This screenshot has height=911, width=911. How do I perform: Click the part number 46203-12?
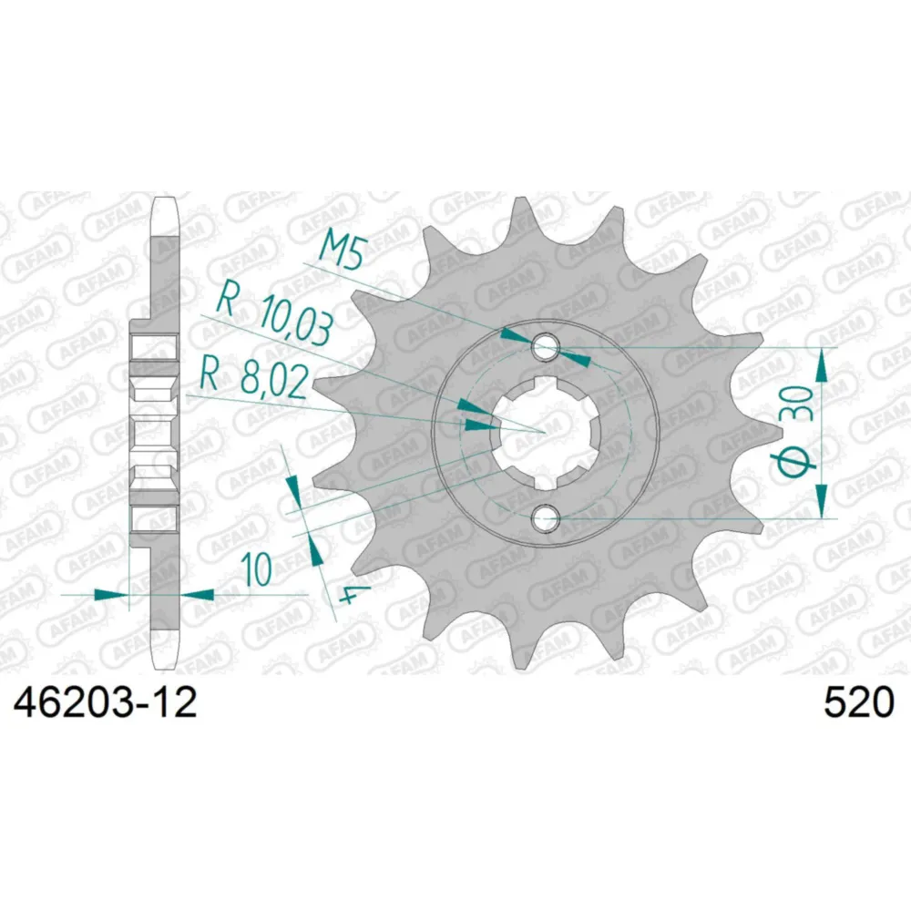(x=105, y=703)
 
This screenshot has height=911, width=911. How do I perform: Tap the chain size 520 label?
(x=858, y=703)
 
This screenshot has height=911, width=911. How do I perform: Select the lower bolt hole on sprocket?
(x=545, y=517)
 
